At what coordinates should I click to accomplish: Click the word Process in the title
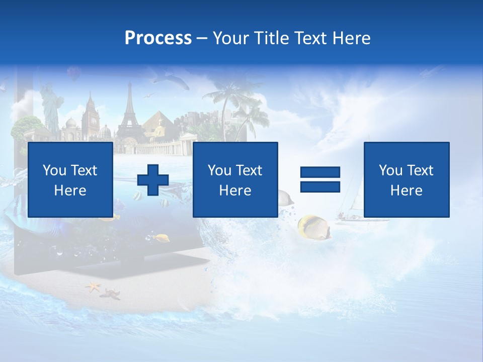click(158, 38)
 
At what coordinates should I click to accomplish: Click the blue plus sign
click(153, 180)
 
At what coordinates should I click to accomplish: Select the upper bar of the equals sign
click(320, 173)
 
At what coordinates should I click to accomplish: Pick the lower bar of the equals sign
click(320, 187)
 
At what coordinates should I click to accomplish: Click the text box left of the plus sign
click(70, 179)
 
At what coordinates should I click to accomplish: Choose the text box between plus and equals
click(235, 179)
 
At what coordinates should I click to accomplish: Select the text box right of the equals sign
click(406, 179)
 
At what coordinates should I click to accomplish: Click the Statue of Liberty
click(50, 108)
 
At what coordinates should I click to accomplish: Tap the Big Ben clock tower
click(91, 117)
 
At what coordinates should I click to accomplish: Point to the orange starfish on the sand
click(93, 287)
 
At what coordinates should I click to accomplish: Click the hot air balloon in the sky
click(73, 73)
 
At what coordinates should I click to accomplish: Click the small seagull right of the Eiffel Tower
click(148, 96)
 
